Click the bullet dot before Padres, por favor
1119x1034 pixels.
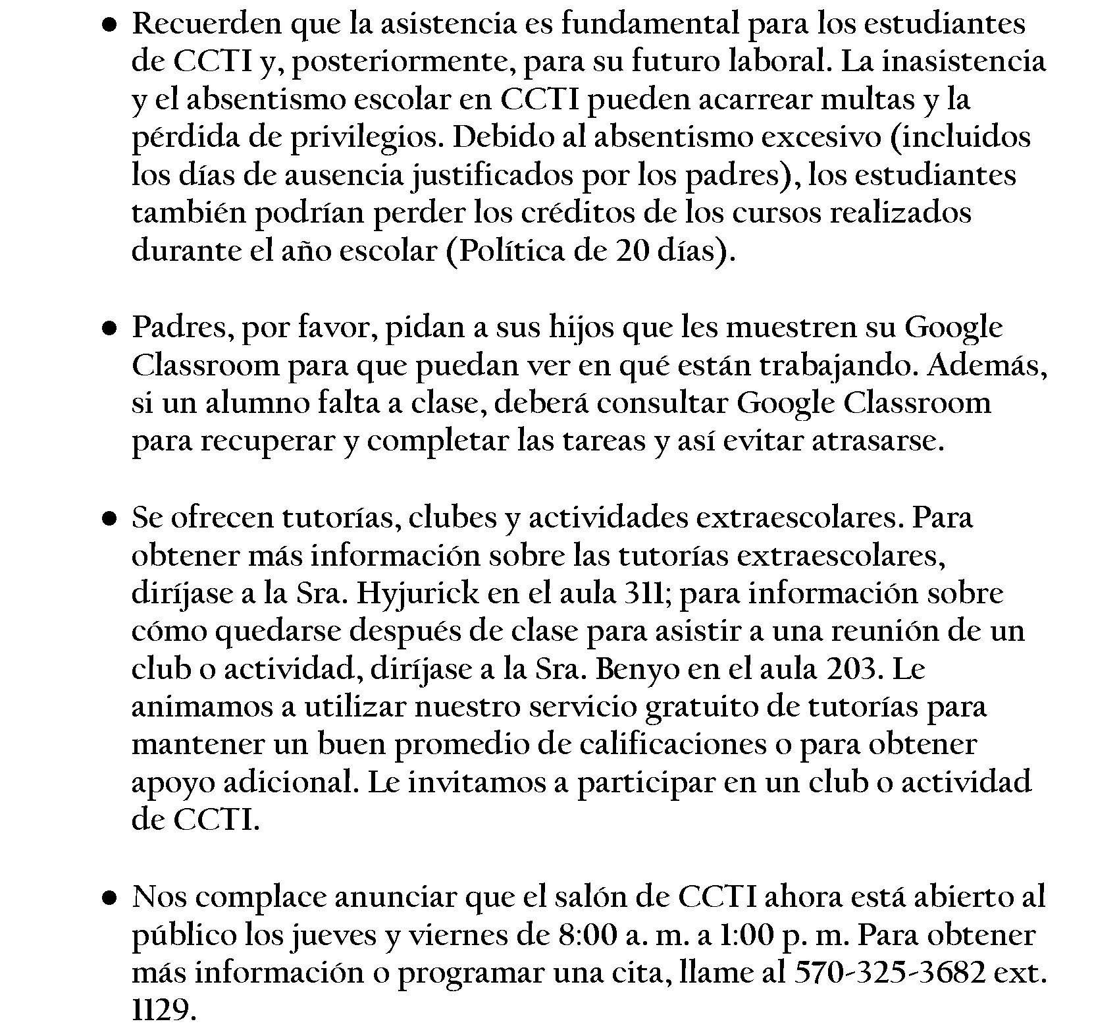click(x=109, y=328)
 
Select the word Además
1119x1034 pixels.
click(x=987, y=366)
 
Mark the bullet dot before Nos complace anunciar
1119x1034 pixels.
click(x=109, y=898)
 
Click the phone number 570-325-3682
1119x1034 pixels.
click(x=891, y=973)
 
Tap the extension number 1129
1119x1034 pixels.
click(x=162, y=1011)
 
